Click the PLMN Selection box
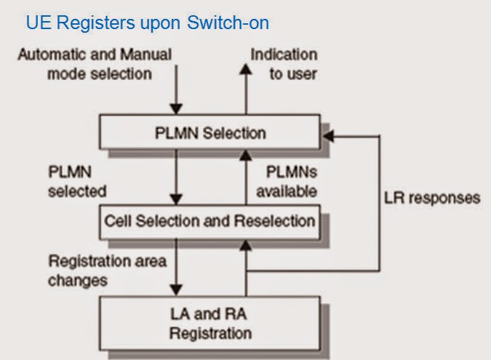tap(210, 132)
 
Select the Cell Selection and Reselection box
tap(210, 220)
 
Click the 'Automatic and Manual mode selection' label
tap(95, 64)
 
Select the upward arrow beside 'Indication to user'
tap(246, 84)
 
